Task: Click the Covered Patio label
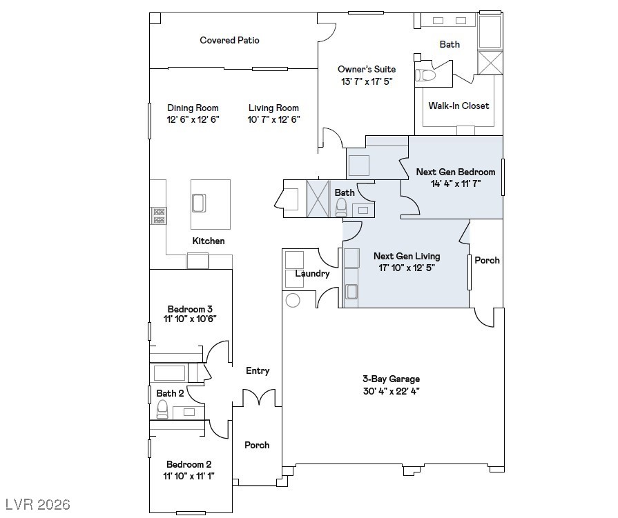[229, 40]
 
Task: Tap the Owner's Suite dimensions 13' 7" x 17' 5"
[367, 81]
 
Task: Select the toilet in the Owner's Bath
[425, 74]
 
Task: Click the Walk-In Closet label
[458, 106]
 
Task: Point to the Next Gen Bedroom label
[456, 172]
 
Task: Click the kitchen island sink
[199, 203]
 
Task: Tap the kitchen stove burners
[159, 216]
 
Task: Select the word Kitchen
[209, 241]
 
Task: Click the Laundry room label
[312, 274]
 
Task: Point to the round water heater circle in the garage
[293, 300]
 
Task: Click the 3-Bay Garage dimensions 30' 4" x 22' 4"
[391, 391]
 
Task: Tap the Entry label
[258, 371]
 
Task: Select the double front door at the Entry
[259, 397]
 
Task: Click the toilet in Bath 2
[162, 410]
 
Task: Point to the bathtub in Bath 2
[169, 373]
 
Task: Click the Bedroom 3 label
[190, 309]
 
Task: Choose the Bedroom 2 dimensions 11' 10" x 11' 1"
[189, 477]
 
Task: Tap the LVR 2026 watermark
[38, 504]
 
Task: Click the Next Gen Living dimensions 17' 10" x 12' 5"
[407, 268]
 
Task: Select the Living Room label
[273, 108]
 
